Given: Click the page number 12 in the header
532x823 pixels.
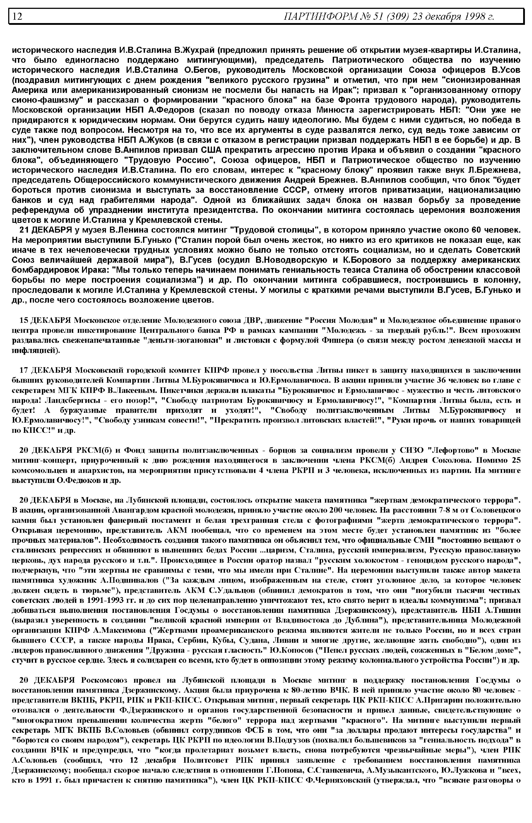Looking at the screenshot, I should (18, 16).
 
